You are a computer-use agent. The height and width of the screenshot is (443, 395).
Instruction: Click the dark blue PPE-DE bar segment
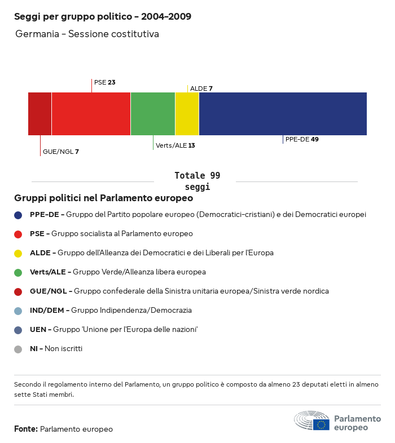coord(283,114)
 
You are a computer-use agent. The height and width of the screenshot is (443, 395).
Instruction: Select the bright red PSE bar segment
coord(91,114)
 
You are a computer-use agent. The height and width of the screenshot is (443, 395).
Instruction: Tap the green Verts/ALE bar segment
coord(153,114)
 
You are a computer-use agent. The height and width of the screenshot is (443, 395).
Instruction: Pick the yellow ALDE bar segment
coord(187,114)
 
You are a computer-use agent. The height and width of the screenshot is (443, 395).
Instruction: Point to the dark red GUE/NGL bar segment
coord(40,114)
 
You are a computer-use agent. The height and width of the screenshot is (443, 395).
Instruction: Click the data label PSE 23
coord(105,82)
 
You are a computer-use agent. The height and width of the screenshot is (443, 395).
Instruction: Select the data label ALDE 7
coord(201,88)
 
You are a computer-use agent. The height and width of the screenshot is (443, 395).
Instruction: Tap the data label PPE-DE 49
coord(302,139)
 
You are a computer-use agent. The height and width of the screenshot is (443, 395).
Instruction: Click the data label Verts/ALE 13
coord(175,145)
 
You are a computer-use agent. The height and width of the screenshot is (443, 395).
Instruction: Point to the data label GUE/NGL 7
coord(61,152)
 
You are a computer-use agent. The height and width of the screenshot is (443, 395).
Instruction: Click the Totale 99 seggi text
coord(197,181)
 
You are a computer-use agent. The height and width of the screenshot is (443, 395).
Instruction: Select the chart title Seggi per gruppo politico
coord(103,16)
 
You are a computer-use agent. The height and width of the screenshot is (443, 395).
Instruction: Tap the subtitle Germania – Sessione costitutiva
coord(87,34)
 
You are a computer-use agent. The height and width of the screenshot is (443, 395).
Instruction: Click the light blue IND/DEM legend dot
coord(18,311)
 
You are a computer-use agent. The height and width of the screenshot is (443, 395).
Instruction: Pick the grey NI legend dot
coord(18,349)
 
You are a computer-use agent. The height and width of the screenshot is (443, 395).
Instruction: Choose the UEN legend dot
coord(18,330)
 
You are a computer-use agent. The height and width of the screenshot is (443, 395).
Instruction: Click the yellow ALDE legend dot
coord(18,253)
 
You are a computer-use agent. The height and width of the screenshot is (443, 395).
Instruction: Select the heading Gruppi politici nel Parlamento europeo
coord(104,198)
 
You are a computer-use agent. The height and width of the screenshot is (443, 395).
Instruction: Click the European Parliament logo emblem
coord(311,421)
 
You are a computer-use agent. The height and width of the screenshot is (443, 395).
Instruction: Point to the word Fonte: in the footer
coord(26,429)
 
